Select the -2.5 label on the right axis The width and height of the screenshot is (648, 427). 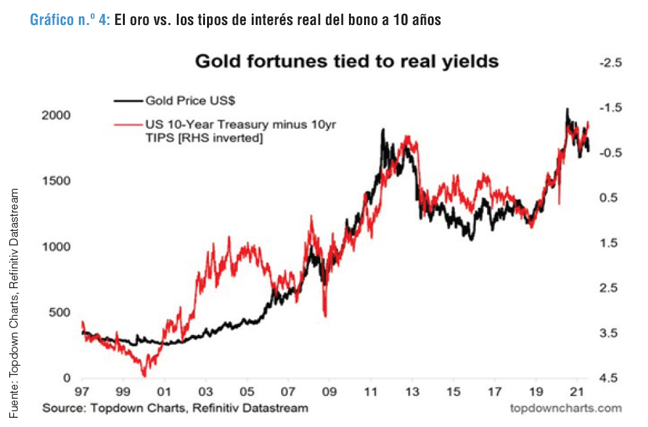[x=609, y=63]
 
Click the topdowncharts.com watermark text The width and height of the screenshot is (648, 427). [x=565, y=408]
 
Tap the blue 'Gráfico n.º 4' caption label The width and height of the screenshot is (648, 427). [x=70, y=20]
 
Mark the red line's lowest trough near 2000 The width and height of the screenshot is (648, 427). [x=145, y=375]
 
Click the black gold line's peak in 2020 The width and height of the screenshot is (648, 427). [x=567, y=109]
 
